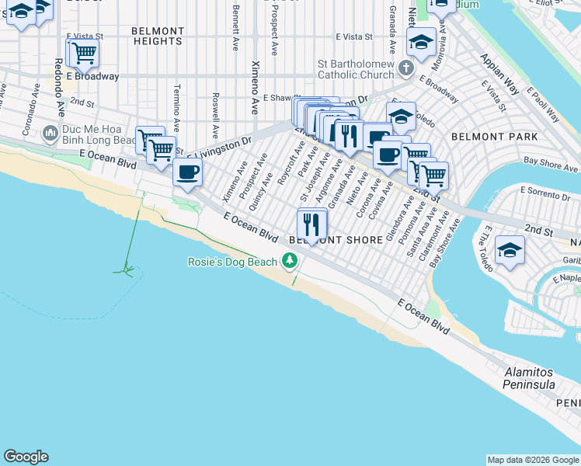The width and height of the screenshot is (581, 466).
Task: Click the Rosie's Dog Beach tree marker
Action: click(x=290, y=262)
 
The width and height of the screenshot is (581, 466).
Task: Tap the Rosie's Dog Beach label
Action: click(x=232, y=262)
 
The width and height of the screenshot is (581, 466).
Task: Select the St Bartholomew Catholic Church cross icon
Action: click(x=405, y=69)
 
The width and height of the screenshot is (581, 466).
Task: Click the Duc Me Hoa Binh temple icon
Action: click(x=51, y=134)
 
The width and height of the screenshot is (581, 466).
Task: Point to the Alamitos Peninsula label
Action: click(x=529, y=379)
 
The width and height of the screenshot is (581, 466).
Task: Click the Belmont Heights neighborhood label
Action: click(x=158, y=36)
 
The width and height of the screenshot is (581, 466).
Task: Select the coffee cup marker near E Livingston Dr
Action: click(x=187, y=172)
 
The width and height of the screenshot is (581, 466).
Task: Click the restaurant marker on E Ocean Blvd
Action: click(x=312, y=224)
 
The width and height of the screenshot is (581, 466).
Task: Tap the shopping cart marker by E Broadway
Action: click(x=83, y=53)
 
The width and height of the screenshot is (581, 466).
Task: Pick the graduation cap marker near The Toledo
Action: click(x=510, y=250)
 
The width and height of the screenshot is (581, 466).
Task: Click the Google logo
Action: click(x=26, y=457)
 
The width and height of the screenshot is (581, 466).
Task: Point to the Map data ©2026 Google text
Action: click(x=533, y=460)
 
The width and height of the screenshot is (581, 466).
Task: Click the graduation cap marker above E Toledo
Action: click(x=401, y=116)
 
